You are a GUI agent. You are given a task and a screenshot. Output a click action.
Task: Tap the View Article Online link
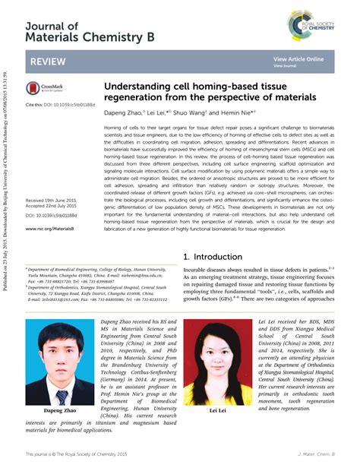(298, 59)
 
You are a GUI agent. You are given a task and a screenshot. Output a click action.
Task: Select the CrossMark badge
(43, 88)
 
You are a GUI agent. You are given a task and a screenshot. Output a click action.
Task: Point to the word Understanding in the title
(140, 87)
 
